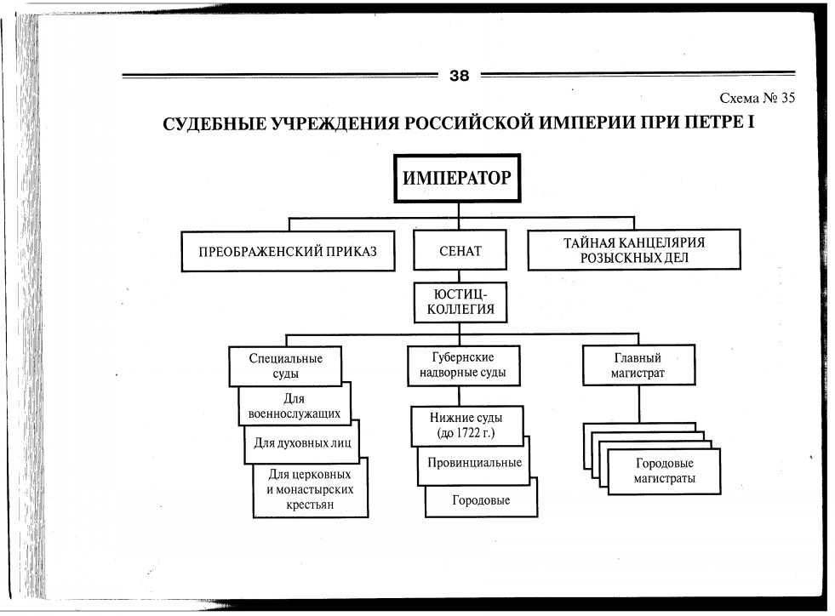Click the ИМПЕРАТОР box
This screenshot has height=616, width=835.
[456, 178]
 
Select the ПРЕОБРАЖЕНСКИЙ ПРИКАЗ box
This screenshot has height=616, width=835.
[287, 251]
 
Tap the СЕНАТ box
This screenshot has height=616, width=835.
[460, 251]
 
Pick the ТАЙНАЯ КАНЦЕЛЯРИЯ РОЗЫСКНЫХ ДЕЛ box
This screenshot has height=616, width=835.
[633, 250]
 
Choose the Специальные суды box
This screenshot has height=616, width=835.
[286, 365]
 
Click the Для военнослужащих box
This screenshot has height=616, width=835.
[295, 406]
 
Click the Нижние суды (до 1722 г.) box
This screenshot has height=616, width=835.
[466, 425]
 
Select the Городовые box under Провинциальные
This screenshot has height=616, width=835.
[481, 500]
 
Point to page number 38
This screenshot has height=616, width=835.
[459, 75]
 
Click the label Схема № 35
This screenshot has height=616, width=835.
[757, 98]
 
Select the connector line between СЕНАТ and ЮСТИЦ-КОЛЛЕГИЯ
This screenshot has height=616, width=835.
[460, 276]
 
